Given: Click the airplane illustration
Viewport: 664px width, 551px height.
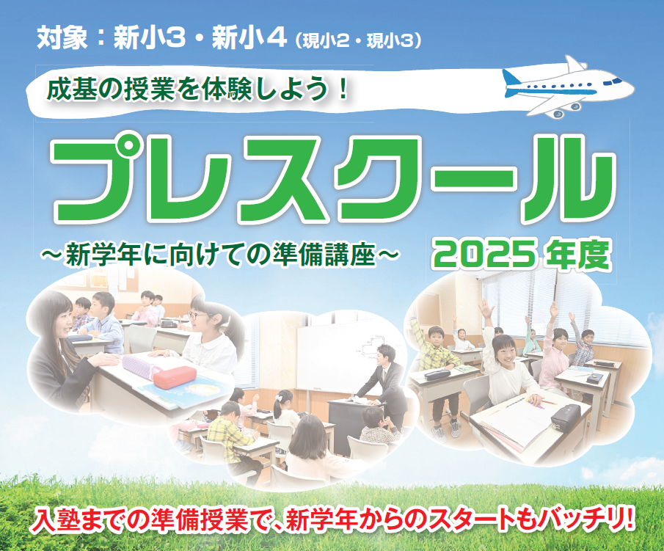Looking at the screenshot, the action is coord(567,87).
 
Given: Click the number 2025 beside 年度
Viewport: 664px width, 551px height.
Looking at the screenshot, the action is coord(484,255).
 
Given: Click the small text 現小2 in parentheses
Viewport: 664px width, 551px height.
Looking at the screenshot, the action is coord(325,41).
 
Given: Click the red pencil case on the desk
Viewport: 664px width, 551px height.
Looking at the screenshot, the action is coord(175,376).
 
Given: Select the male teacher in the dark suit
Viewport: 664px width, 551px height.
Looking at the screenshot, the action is coord(381,382).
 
